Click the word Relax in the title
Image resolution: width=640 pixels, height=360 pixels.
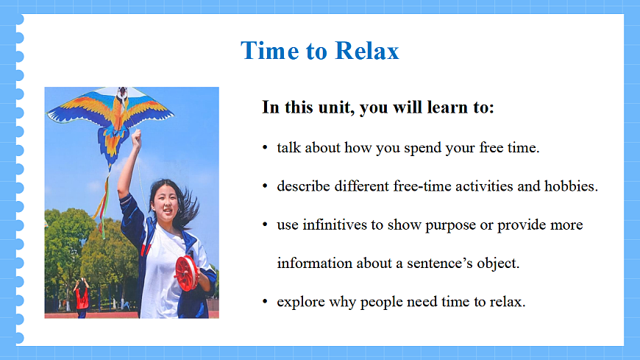(x=367, y=51)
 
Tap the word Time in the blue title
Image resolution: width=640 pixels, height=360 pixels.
(x=269, y=51)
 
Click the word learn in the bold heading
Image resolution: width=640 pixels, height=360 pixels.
(x=444, y=107)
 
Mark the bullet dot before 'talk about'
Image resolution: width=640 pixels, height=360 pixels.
(x=265, y=147)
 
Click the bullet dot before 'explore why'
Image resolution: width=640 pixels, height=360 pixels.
(x=265, y=302)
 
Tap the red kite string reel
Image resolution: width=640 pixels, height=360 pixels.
(x=186, y=273)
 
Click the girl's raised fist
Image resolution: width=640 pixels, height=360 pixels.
(x=136, y=137)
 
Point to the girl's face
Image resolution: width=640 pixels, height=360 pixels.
(x=166, y=202)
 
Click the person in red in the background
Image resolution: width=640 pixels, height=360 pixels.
(x=82, y=297)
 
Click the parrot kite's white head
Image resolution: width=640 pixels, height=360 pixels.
(x=122, y=94)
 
